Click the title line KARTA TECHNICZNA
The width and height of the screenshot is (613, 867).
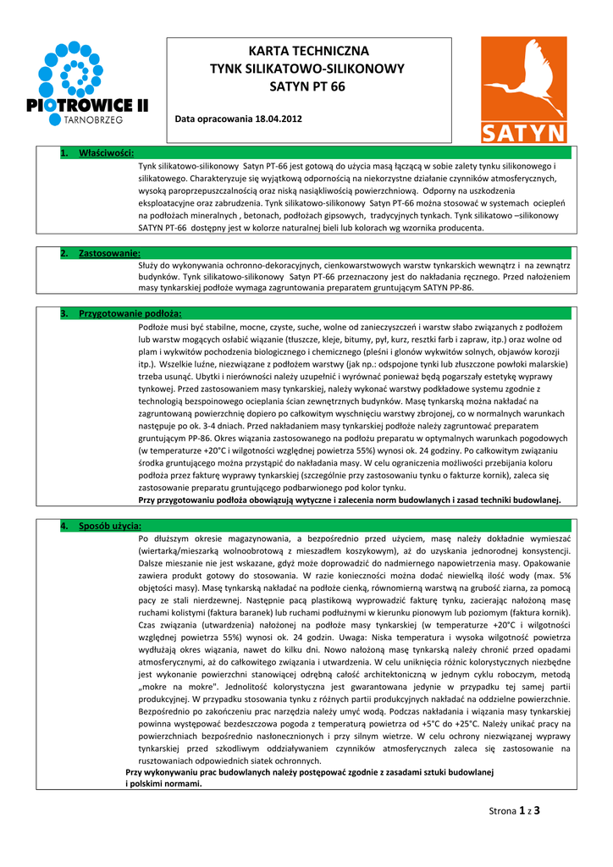[x=307, y=52]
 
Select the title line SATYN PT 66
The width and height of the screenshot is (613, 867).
[x=307, y=86]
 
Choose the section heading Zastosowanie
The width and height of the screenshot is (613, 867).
[x=109, y=253]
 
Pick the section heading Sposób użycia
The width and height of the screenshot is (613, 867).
[x=110, y=526]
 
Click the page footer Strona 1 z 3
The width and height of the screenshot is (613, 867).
[x=514, y=810]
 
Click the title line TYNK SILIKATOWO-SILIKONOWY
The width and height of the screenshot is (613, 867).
[x=307, y=69]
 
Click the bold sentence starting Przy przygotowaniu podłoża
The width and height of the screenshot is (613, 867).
[x=350, y=500]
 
